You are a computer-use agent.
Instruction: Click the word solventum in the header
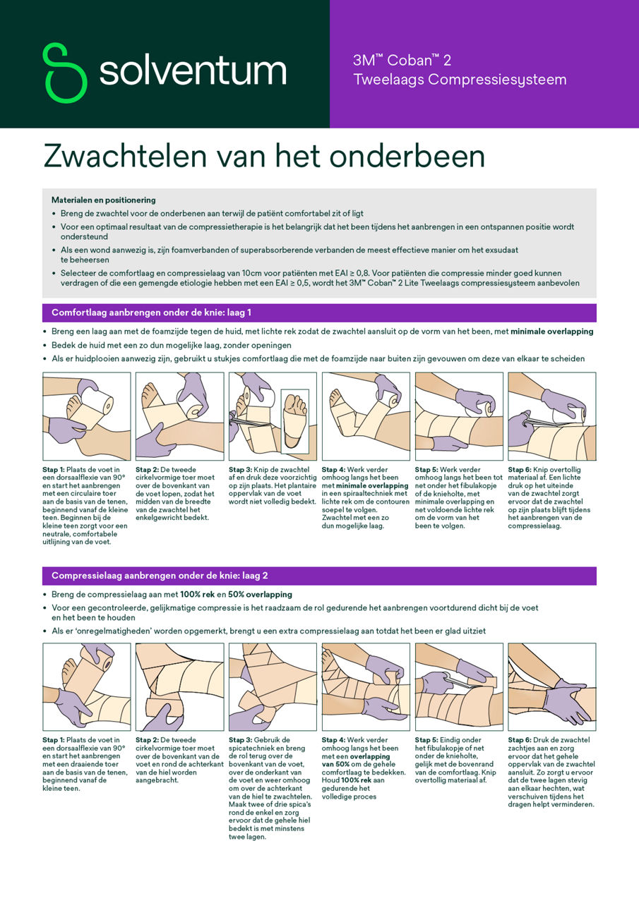point(193,71)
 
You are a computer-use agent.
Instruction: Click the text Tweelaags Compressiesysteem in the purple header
point(460,80)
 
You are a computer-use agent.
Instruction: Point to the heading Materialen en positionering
point(104,200)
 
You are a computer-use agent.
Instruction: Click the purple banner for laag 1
point(319,313)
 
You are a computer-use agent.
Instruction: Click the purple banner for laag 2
point(319,576)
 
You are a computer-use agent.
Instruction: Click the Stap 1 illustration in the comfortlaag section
point(86,416)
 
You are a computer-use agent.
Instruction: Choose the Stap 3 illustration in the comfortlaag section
point(273,416)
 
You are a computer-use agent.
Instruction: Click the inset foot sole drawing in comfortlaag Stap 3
point(294,420)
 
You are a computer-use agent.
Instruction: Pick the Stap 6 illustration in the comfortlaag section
point(551,416)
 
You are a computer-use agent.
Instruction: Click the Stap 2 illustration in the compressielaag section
point(179,686)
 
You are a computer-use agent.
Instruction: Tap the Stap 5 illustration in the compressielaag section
point(458,686)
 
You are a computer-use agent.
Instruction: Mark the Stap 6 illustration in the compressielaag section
point(551,686)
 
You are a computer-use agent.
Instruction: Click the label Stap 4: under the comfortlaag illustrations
point(335,469)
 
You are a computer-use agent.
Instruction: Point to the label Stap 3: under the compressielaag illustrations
point(242,739)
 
